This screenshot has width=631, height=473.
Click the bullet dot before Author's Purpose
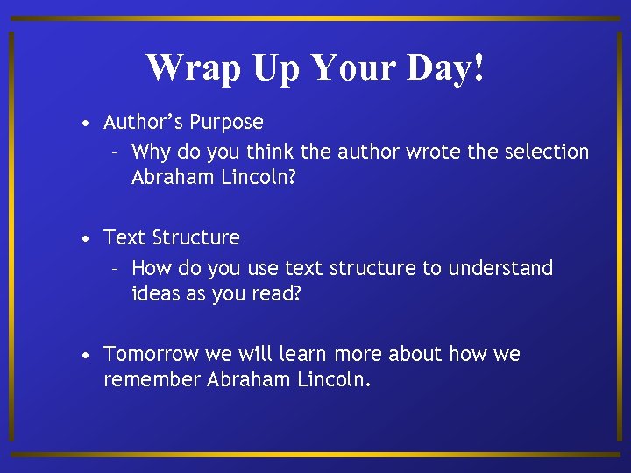click(x=84, y=123)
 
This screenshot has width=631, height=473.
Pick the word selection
click(x=545, y=152)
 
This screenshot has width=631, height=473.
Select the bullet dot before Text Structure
click(x=84, y=238)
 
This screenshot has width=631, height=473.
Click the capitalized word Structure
click(x=196, y=238)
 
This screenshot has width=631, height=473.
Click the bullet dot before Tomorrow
click(x=84, y=355)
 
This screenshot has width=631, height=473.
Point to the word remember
click(x=152, y=381)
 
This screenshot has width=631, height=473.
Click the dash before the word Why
click(x=116, y=152)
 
